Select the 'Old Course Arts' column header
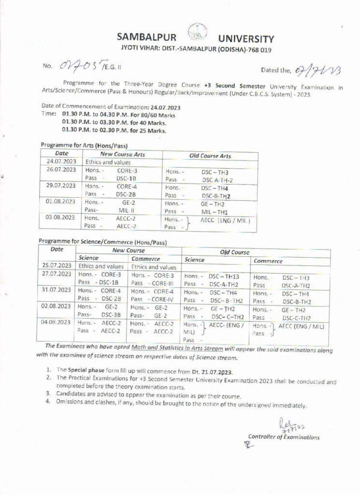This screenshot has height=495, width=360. [x=210, y=156]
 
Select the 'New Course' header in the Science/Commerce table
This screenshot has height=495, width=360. [x=129, y=251]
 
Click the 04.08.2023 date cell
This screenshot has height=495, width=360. [x=57, y=322]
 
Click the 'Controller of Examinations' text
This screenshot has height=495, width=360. [x=284, y=437]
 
